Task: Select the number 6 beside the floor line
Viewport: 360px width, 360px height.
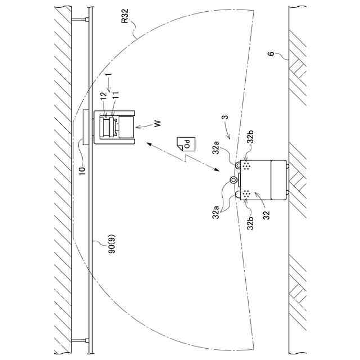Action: (x=271, y=54)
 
